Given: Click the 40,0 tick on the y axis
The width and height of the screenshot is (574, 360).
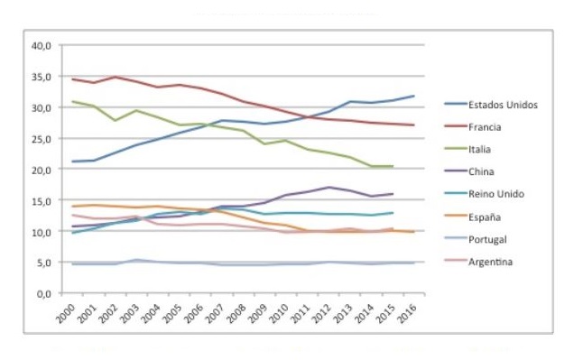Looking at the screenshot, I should (42, 45).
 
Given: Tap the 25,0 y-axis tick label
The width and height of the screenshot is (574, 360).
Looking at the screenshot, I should (42, 138).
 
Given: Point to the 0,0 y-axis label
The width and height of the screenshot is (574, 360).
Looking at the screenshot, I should (44, 294).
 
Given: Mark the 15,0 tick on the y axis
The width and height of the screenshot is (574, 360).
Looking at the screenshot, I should (42, 200).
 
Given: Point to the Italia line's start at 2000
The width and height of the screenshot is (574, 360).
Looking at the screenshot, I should (73, 101).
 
